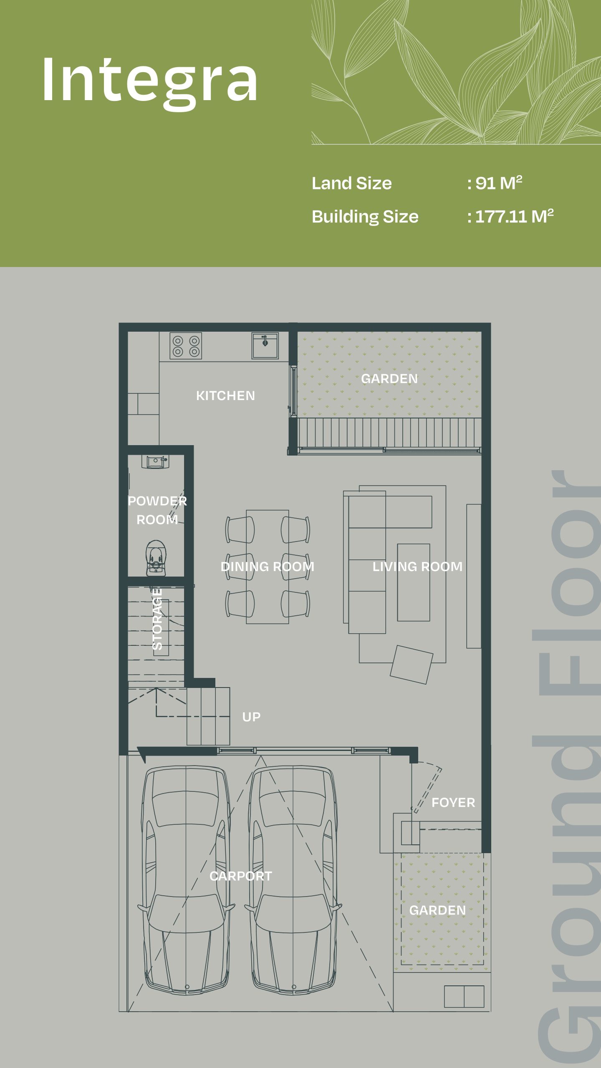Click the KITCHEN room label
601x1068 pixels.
225,395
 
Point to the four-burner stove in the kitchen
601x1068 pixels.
186,346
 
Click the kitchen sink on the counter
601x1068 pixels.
265,345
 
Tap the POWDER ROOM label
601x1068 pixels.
157,510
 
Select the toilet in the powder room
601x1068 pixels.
156,558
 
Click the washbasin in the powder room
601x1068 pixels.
155,462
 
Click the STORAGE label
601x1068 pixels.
157,619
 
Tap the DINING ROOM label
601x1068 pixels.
268,567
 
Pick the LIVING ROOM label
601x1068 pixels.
417,567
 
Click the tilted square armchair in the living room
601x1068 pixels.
412,665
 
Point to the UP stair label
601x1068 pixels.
251,717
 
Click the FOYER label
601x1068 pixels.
453,802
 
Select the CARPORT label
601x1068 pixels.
241,876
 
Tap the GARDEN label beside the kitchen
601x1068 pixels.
389,378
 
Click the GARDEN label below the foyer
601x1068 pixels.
437,910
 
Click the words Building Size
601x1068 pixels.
365,217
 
